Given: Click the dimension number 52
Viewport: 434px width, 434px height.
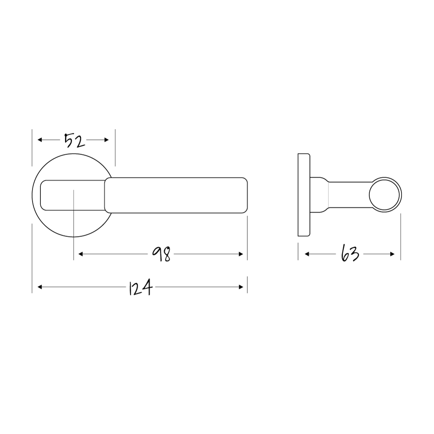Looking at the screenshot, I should [x=73, y=141].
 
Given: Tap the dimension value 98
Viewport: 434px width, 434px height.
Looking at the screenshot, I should [x=161, y=254].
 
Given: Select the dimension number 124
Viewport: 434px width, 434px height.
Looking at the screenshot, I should [x=140, y=287].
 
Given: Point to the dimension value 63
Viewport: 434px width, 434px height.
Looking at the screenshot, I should [x=350, y=254].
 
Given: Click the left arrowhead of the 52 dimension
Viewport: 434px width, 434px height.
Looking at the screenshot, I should [x=39, y=140].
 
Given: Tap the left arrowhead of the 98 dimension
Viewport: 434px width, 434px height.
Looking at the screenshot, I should [x=79, y=254].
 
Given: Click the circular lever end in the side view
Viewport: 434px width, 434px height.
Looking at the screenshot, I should [x=385, y=195].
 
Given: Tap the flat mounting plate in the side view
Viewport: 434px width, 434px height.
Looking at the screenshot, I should [x=304, y=195].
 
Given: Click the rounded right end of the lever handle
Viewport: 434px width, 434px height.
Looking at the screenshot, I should [x=245, y=195].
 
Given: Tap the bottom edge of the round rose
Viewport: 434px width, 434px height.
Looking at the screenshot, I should [x=74, y=237].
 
